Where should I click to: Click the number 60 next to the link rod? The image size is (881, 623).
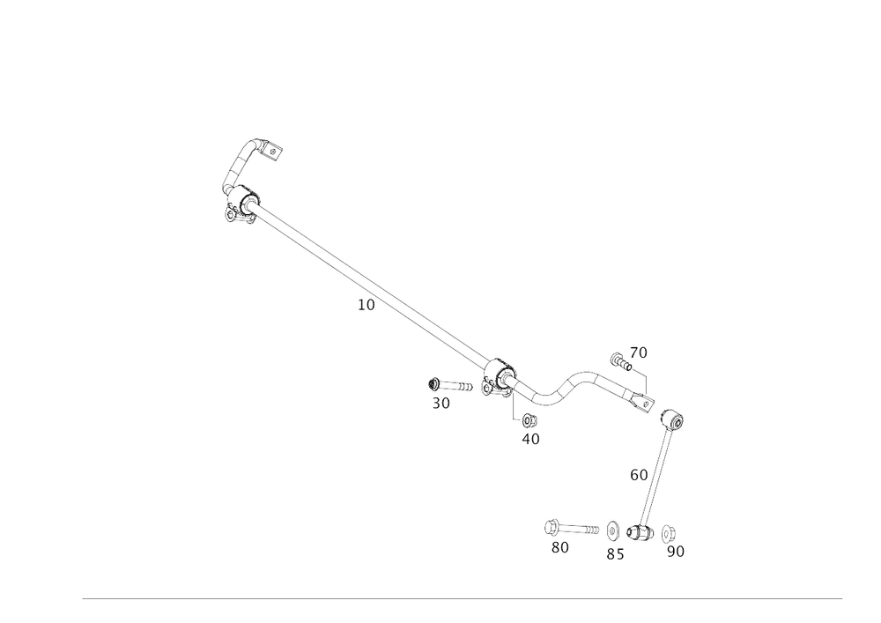pyautogui.click(x=639, y=475)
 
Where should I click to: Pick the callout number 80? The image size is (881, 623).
pyautogui.click(x=559, y=547)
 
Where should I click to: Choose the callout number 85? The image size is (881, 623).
pyautogui.click(x=615, y=553)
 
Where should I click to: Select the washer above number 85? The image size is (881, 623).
pyautogui.click(x=612, y=530)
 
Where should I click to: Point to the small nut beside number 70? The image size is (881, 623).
pyautogui.click(x=617, y=358)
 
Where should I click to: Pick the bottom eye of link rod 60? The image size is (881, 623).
pyautogui.click(x=640, y=531)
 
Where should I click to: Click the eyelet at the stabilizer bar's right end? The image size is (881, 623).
pyautogui.click(x=649, y=403)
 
